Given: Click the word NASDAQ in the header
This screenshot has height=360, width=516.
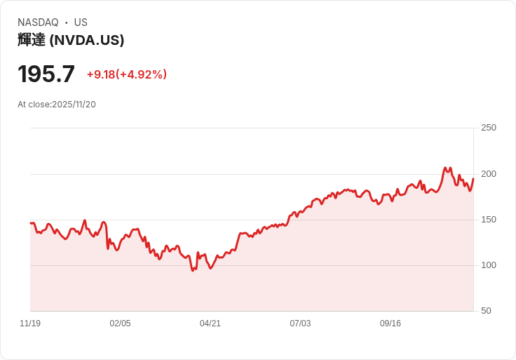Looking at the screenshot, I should pos(38,22).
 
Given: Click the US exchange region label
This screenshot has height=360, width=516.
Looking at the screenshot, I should pos(81,22).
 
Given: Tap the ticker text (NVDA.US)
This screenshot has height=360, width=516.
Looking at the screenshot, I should pos(87,40).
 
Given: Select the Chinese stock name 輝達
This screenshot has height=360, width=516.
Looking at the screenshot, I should pos(32,40).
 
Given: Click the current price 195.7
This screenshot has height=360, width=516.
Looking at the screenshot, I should pos(46,74).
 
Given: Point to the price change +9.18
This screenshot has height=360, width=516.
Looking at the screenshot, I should pos(100,74).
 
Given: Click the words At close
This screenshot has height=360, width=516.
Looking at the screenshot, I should pos(34,105).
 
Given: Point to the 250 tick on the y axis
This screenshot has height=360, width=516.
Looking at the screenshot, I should pos(489,128).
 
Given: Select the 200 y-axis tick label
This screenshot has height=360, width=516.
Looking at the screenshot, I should pos(489,174).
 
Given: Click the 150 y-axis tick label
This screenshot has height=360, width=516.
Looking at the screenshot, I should pos(489,220).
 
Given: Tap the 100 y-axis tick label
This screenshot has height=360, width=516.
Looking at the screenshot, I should pos(489,265).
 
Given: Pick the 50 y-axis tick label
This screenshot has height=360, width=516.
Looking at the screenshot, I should pos(486,311).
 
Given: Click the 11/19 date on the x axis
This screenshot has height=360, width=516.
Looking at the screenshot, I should pos(30,324).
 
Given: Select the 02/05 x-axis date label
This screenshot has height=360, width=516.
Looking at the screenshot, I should pos(120,324).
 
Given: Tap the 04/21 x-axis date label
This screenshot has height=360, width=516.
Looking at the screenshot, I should pos(210,324).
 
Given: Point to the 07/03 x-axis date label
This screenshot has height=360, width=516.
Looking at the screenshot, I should pos(300,324).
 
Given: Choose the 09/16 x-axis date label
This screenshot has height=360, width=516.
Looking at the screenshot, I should pos(391,324).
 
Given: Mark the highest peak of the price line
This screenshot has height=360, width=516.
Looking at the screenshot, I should pos(445,168).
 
